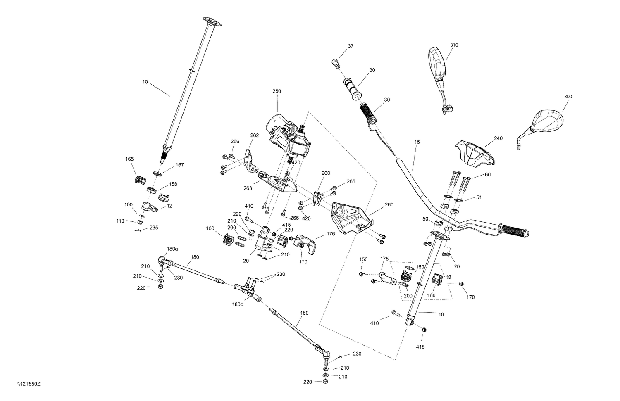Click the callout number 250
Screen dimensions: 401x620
(x=277, y=91)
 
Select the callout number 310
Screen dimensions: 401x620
(x=454, y=45)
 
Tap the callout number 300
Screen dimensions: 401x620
(x=568, y=97)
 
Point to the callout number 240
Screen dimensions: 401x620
(x=498, y=138)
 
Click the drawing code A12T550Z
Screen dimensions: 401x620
(x=29, y=384)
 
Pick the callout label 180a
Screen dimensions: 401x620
(x=172, y=249)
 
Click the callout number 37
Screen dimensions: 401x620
(x=351, y=46)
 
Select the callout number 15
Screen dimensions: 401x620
(x=417, y=142)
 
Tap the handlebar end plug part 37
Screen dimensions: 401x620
(x=336, y=63)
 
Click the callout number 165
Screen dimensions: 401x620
(x=130, y=159)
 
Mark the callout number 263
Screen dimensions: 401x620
(x=248, y=189)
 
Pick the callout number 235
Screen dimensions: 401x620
(x=154, y=228)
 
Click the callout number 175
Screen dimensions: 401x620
(x=384, y=259)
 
